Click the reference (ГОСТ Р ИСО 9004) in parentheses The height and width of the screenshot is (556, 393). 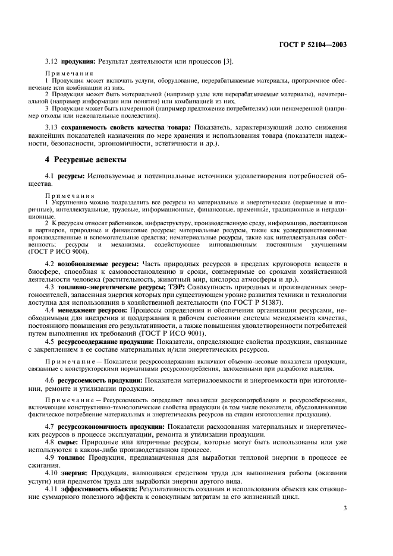coord(73,250)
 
